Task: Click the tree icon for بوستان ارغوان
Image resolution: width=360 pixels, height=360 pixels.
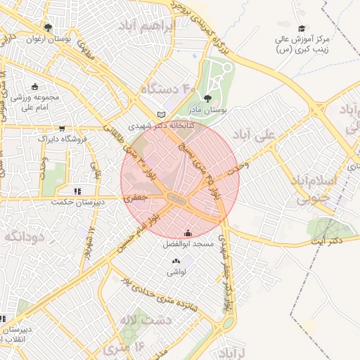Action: [48, 28]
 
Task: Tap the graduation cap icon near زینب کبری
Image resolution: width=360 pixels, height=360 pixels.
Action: [302, 29]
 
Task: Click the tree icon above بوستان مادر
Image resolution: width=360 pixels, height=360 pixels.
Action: [207, 99]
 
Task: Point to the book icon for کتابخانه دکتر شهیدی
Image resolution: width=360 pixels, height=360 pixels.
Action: [162, 115]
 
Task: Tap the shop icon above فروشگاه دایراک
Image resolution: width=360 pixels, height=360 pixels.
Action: [63, 129]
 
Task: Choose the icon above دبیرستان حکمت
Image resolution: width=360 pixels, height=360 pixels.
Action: [77, 191]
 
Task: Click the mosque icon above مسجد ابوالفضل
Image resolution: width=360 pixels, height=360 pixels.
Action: [188, 234]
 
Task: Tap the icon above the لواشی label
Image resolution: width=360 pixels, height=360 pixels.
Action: [174, 262]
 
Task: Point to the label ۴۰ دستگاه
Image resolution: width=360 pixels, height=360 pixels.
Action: [169, 89]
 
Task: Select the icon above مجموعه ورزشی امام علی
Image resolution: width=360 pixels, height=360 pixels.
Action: [35, 86]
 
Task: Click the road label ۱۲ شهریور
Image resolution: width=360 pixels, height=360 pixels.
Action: [89, 243]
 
